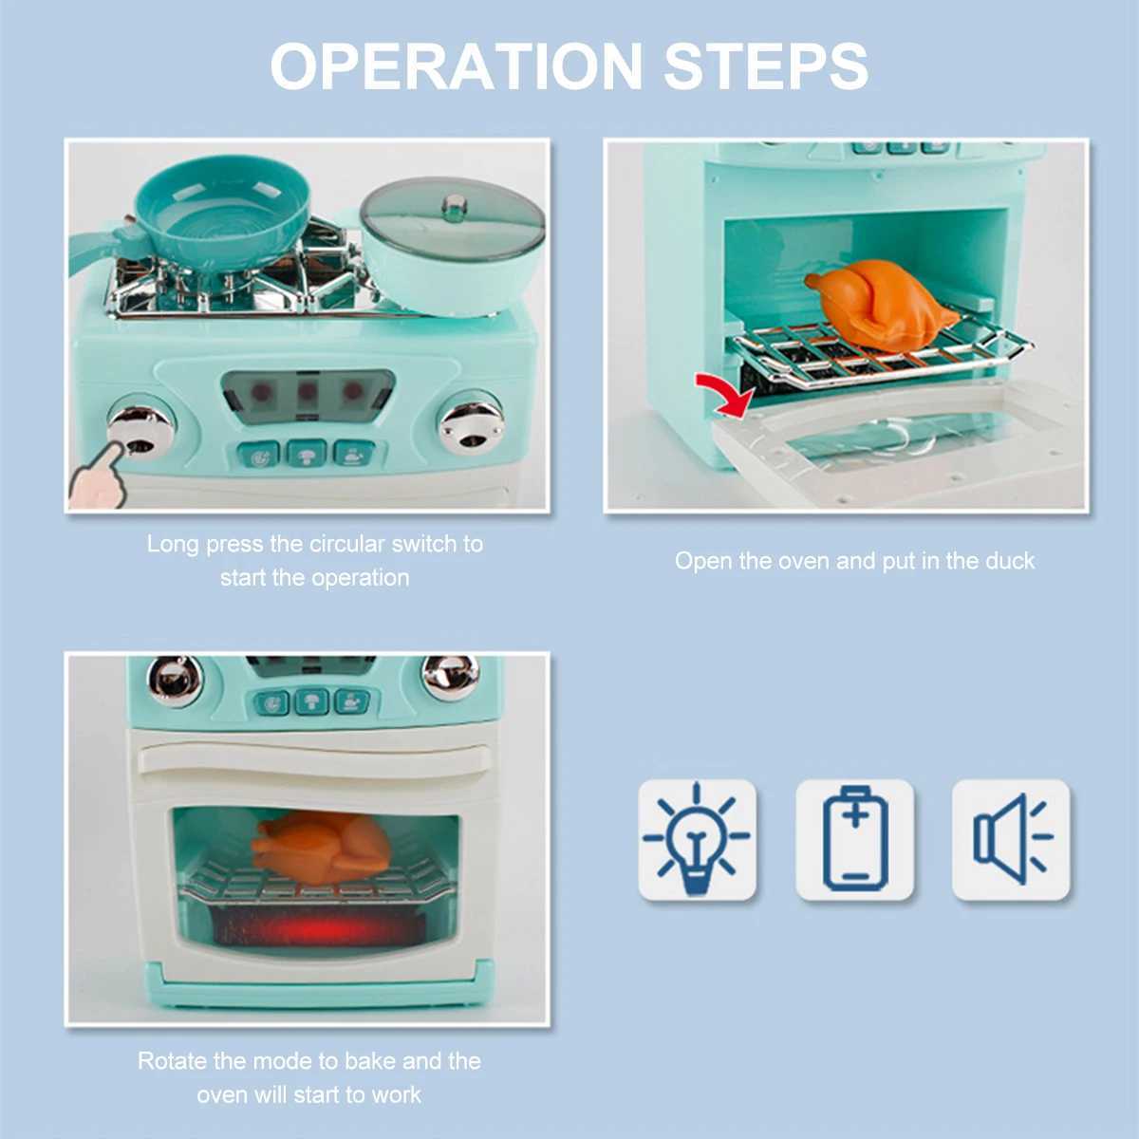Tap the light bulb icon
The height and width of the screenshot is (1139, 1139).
pyautogui.click(x=697, y=839)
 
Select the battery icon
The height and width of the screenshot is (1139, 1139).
pyautogui.click(x=854, y=839)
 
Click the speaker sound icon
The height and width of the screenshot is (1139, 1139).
pyautogui.click(x=1012, y=839)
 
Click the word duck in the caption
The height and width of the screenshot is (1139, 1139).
pyautogui.click(x=1009, y=561)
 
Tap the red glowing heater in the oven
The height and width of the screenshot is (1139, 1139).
pyautogui.click(x=313, y=924)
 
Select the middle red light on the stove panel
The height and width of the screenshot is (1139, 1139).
pyautogui.click(x=307, y=389)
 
